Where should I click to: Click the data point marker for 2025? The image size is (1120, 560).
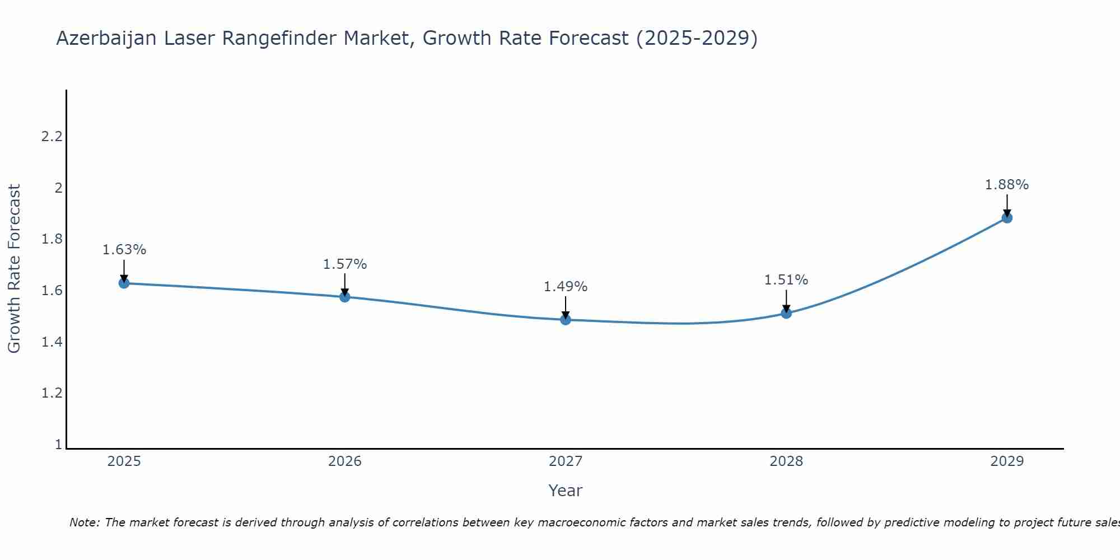[x=124, y=283]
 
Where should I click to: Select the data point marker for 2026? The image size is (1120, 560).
[x=345, y=297]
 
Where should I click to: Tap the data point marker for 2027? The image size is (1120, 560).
[x=566, y=320]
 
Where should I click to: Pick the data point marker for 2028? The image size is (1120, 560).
[x=786, y=313]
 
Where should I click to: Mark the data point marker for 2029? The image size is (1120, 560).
[x=1007, y=218]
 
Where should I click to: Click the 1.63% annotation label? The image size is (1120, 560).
[x=124, y=250]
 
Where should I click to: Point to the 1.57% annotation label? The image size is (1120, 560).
[x=345, y=264]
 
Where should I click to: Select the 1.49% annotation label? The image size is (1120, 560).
[x=566, y=287]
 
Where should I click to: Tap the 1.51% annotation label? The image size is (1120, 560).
[x=786, y=280]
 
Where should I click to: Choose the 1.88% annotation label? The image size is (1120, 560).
[x=1007, y=185]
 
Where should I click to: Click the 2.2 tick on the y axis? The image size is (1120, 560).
[x=52, y=137]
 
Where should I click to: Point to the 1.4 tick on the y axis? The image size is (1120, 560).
[x=52, y=342]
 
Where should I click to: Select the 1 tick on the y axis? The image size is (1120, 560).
[x=58, y=445]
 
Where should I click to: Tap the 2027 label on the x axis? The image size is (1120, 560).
[x=566, y=461]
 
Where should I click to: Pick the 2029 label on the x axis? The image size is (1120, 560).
[x=1007, y=461]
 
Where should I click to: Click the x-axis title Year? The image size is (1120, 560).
[x=566, y=491]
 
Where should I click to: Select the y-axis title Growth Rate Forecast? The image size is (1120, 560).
[x=14, y=269]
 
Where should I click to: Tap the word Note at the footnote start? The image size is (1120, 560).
[x=84, y=522]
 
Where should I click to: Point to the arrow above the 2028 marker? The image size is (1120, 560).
[x=786, y=301]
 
